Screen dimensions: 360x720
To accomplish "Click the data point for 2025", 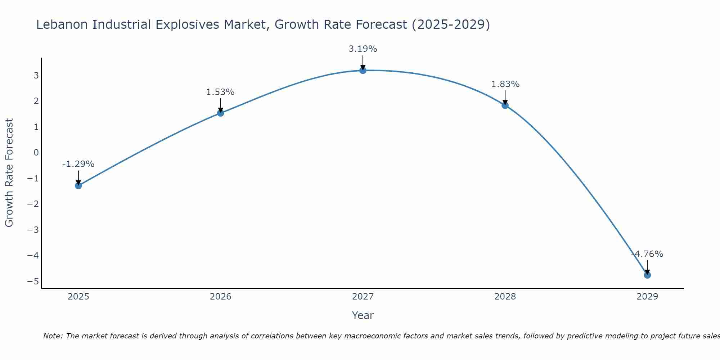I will [78, 185].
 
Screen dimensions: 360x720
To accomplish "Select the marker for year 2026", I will [221, 113].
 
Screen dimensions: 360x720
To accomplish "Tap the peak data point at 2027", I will [363, 70].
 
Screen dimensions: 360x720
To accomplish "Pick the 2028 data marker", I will [505, 105].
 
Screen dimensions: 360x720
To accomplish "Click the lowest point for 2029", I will [647, 275].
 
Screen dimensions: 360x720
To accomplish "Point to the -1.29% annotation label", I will [78, 164].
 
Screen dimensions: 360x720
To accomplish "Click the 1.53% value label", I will [220, 92].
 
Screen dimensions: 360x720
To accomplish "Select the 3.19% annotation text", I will [363, 49].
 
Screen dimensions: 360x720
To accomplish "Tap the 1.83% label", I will [505, 84].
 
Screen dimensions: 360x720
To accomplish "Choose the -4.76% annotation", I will [647, 254].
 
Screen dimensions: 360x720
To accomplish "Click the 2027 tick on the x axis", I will [363, 297].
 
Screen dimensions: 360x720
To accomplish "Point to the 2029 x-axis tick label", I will [647, 297].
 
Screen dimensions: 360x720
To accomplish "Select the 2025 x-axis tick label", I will [78, 297].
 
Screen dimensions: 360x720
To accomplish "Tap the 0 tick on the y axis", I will [36, 152].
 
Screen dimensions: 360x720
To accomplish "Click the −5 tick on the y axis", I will [33, 281].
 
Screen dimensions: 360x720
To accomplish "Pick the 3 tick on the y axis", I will [36, 75].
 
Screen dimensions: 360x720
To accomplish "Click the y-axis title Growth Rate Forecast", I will [9, 172].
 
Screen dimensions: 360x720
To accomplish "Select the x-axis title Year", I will [363, 315].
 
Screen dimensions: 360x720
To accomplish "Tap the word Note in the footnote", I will [53, 336].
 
